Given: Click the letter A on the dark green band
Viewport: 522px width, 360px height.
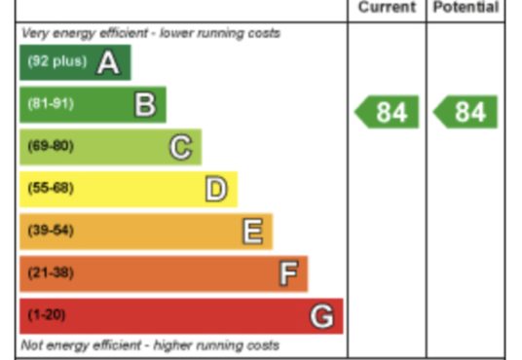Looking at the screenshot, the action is (x=108, y=62).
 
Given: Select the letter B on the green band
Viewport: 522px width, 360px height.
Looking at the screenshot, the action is (x=145, y=104).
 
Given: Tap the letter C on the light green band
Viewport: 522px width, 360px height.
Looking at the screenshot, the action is (x=181, y=147).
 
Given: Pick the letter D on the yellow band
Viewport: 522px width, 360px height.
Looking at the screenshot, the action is (x=216, y=189).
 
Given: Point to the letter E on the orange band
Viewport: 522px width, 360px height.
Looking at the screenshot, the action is (x=252, y=232).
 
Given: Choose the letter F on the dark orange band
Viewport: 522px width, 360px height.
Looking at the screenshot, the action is (x=288, y=273).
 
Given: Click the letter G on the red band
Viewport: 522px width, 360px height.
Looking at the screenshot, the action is (x=321, y=316).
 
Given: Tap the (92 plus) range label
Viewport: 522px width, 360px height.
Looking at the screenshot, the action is (x=57, y=61).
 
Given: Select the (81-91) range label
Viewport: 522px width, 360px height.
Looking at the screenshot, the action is (x=51, y=103).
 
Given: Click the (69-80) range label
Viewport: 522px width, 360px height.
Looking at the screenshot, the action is (x=51, y=146).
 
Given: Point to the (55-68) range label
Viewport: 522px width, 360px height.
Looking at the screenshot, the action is (x=51, y=188).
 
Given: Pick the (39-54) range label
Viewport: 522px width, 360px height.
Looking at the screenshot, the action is (x=51, y=231).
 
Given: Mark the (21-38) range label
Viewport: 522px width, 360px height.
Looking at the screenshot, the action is (x=51, y=272).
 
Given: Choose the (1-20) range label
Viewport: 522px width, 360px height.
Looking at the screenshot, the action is (x=47, y=314).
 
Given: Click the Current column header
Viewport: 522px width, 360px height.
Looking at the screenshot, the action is (x=388, y=7).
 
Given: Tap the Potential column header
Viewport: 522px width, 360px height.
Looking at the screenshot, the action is (x=466, y=7).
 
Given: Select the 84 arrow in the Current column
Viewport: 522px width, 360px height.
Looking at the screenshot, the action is (x=387, y=112).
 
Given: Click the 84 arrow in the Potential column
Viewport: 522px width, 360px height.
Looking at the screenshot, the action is (x=466, y=112).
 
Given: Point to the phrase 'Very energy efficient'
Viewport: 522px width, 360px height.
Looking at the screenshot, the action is (x=85, y=33).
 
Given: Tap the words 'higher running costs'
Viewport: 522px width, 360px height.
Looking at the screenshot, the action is (x=216, y=345).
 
